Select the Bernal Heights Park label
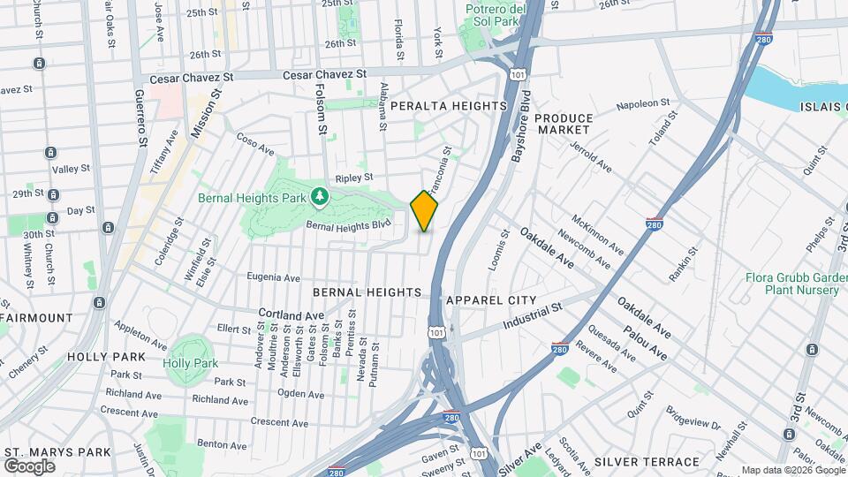(254, 197)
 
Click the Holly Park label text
(190, 363)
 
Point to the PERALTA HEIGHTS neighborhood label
(449, 106)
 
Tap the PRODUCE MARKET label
(564, 124)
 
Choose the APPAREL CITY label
(491, 300)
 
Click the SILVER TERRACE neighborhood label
(647, 461)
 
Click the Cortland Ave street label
(291, 314)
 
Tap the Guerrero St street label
(140, 117)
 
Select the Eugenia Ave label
(274, 276)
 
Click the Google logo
(29, 466)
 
